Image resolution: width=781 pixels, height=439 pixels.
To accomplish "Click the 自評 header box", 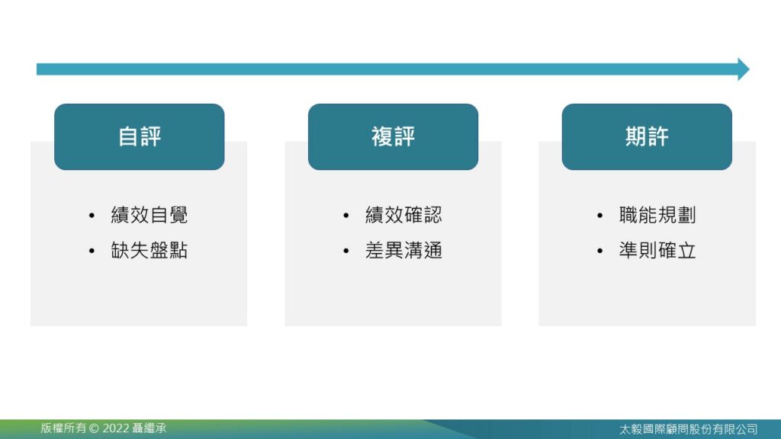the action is (140, 137).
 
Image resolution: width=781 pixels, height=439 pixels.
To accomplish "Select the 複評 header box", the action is (393, 137).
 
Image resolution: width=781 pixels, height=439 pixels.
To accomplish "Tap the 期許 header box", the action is (647, 137).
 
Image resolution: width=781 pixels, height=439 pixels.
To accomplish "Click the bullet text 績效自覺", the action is (149, 215).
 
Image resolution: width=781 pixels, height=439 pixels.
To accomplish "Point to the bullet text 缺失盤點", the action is (149, 250).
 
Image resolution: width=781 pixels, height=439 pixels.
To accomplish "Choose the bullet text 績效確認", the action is (404, 215).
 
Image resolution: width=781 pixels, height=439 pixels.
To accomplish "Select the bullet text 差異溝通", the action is (404, 250).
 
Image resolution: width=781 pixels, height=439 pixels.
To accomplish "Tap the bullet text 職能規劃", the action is (657, 215).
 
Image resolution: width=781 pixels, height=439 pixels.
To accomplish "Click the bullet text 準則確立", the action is (657, 250).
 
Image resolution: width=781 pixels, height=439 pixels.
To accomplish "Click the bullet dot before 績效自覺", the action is (92, 216).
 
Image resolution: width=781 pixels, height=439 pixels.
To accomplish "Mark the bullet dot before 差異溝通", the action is (346, 251).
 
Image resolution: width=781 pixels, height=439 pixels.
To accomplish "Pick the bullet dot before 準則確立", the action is (599, 251).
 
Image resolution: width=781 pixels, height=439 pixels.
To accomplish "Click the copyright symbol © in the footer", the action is (94, 428).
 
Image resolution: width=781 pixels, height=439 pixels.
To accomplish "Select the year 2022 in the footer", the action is (116, 428).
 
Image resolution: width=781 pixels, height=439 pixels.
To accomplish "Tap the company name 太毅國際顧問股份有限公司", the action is (689, 429).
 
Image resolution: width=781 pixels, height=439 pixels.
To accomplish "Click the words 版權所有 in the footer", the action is (63, 428).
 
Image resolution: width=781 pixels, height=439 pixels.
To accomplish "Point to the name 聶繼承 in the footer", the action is (149, 428).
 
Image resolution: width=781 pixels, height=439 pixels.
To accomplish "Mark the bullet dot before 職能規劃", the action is (599, 216).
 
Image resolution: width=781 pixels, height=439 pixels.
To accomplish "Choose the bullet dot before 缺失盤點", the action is (92, 251).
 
